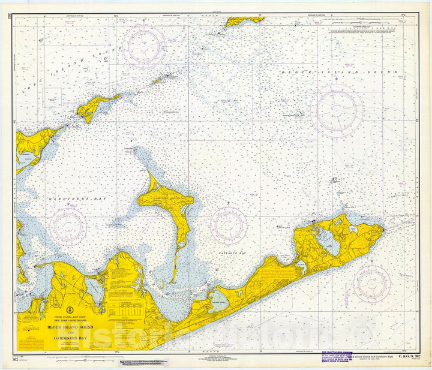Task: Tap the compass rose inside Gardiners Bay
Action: point(68,227)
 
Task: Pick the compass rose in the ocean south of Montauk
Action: point(371,283)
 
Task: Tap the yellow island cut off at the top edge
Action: point(244,21)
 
